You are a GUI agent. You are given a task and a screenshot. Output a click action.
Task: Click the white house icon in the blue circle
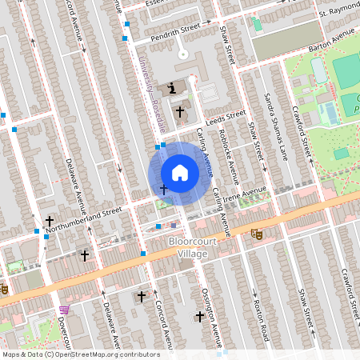(180, 172)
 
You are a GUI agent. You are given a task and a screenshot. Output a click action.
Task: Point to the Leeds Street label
(224, 117)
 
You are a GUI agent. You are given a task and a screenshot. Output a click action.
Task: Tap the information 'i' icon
(173, 89)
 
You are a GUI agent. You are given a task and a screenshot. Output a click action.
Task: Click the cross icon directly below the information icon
(180, 111)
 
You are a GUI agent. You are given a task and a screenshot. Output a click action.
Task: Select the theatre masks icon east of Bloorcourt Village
(256, 234)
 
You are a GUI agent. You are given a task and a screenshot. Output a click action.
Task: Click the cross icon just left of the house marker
(164, 190)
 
